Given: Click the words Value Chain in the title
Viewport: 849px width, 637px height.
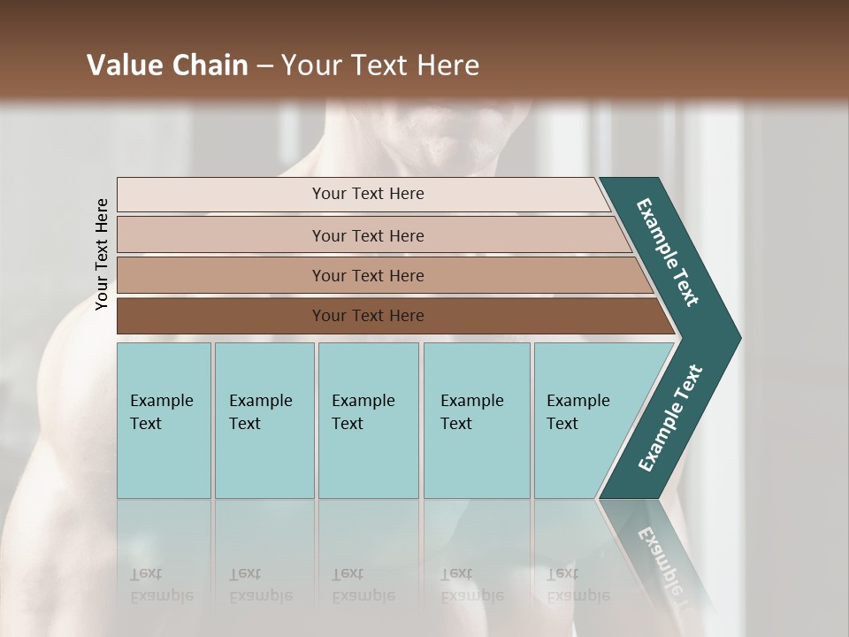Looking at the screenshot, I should (x=167, y=65).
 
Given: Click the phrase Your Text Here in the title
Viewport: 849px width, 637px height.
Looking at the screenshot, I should (x=380, y=65).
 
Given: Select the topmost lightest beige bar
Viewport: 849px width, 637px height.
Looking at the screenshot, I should (x=367, y=194).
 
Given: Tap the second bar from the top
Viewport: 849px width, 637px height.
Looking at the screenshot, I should (x=367, y=235).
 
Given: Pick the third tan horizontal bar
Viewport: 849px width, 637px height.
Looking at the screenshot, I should (x=367, y=275).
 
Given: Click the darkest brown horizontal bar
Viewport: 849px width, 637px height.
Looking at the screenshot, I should (x=367, y=316).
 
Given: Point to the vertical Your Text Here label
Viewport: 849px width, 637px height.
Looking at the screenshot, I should (x=102, y=254).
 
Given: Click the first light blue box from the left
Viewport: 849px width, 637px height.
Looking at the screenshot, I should (x=164, y=420).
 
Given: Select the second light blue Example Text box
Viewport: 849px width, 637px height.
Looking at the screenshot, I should (x=264, y=420).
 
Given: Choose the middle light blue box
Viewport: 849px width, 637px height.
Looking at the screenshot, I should (x=368, y=420).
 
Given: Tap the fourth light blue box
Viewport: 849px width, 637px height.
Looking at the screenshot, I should (x=476, y=420).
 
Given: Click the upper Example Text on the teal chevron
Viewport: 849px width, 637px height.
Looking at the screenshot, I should (x=668, y=252).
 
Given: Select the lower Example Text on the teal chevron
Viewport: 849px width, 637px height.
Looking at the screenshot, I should (x=670, y=418).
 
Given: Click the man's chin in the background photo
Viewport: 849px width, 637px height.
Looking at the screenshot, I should (x=451, y=150).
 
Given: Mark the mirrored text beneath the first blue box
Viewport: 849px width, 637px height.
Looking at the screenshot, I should (x=162, y=584).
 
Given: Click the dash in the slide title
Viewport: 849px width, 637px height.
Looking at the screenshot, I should (x=264, y=66).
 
